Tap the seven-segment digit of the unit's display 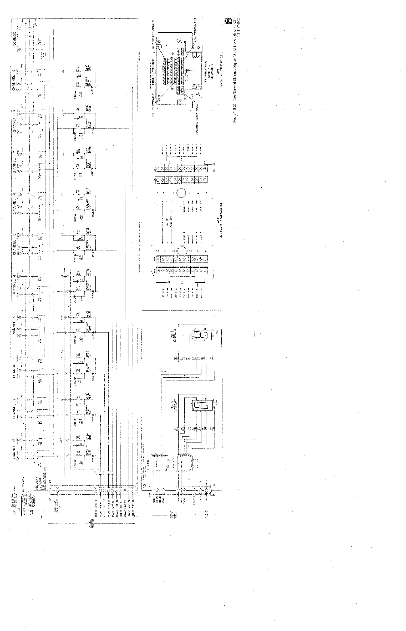[x=201, y=335]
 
